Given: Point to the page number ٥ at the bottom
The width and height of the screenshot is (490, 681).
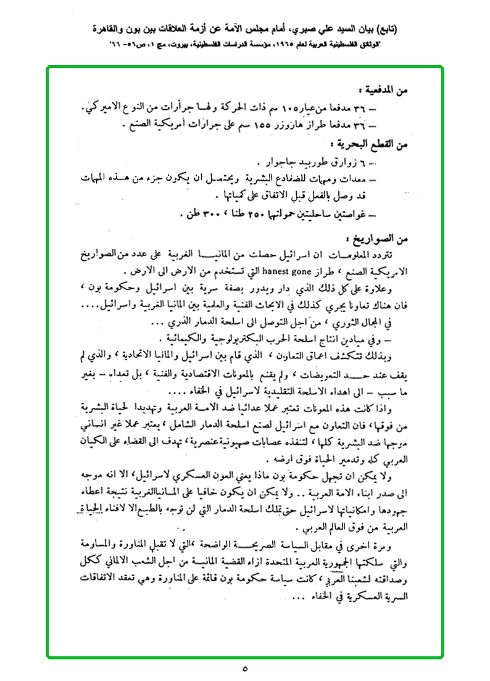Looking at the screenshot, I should [x=244, y=667].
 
